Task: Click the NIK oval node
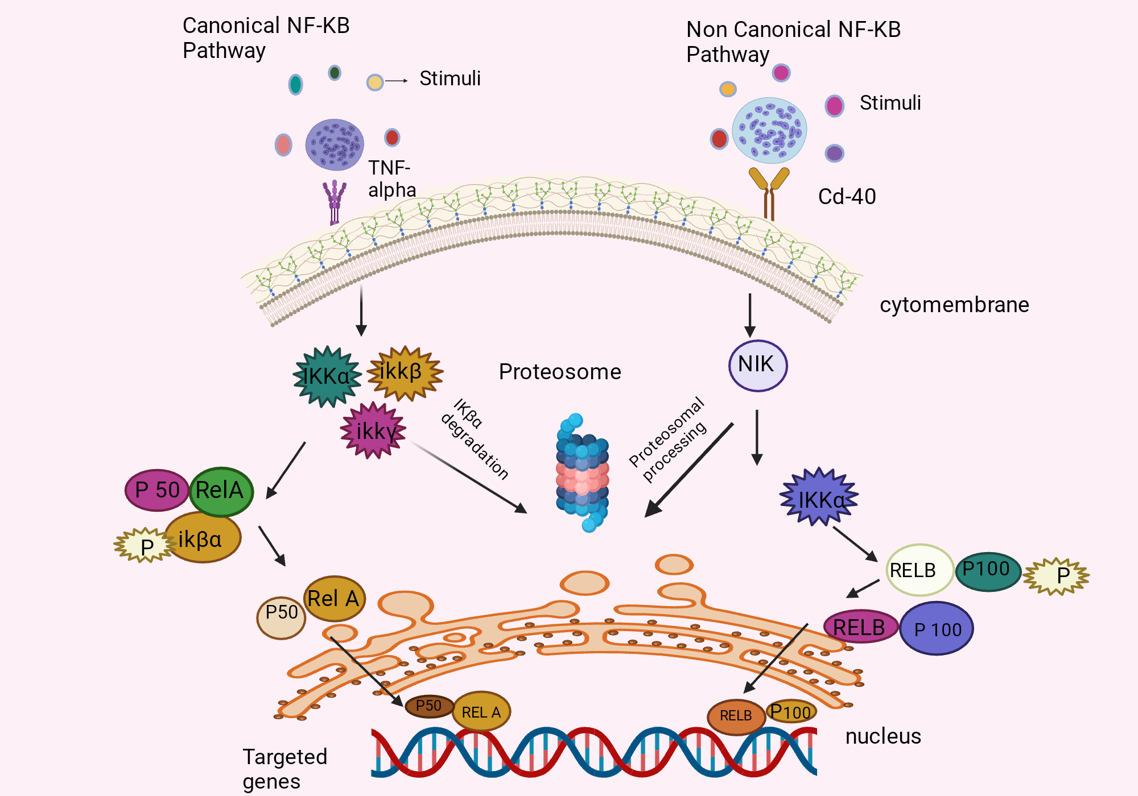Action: [x=758, y=365]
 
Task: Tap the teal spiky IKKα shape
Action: [x=327, y=376]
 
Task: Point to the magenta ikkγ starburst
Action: [x=373, y=430]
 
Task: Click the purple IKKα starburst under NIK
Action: [x=819, y=498]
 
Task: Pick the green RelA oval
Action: [x=221, y=491]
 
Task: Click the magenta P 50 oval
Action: [x=157, y=490]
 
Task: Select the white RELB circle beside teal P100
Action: [x=919, y=570]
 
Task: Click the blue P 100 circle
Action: [x=937, y=629]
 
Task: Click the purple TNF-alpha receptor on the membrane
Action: [x=335, y=202]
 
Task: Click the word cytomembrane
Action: [x=954, y=305]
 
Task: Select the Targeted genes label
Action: [x=284, y=769]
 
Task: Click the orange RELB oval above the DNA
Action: [x=736, y=716]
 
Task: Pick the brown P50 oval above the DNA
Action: [x=429, y=706]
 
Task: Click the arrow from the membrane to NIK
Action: [x=750, y=316]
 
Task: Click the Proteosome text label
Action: [x=560, y=372]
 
